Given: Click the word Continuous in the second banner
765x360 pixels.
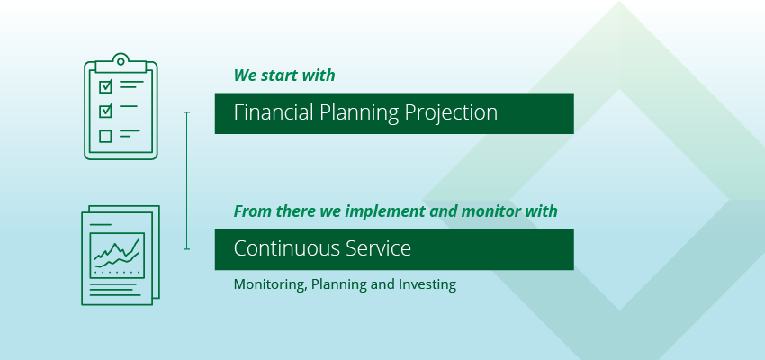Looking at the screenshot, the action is tap(287, 248).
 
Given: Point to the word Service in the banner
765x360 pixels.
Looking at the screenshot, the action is tap(378, 248).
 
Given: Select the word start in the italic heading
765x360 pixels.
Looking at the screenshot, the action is tap(279, 76).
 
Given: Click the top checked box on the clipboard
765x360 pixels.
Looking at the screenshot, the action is tap(105, 86).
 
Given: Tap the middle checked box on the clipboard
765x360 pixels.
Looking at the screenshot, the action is tap(105, 111).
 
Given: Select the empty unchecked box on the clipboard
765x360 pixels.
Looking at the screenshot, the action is tap(105, 136).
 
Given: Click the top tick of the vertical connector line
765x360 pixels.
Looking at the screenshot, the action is tap(187, 112).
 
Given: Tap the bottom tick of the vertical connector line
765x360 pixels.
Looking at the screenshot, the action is tap(187, 249).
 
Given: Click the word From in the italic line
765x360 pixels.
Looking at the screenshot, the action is tap(253, 211).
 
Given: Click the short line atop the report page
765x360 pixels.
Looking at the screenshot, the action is tap(101, 224).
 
